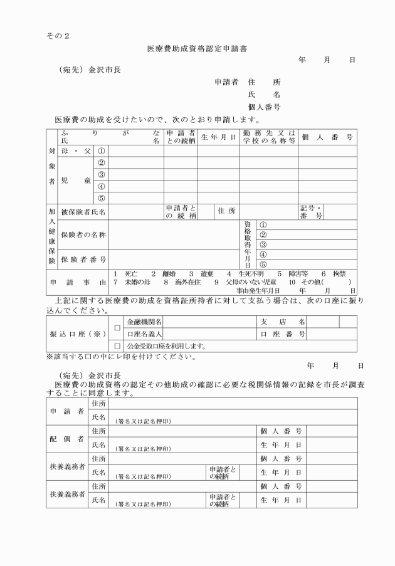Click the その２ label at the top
[58, 34]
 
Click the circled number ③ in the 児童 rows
[101, 174]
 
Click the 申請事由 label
[78, 283]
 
